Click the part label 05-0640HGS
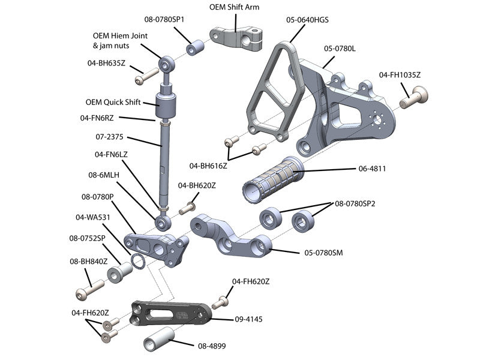[307, 20]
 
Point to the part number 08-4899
[211, 346]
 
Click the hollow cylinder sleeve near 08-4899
[160, 341]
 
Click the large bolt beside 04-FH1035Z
[413, 97]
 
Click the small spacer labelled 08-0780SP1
[195, 48]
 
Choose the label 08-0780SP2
[356, 203]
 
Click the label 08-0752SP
[88, 238]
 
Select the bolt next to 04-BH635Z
[143, 77]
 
